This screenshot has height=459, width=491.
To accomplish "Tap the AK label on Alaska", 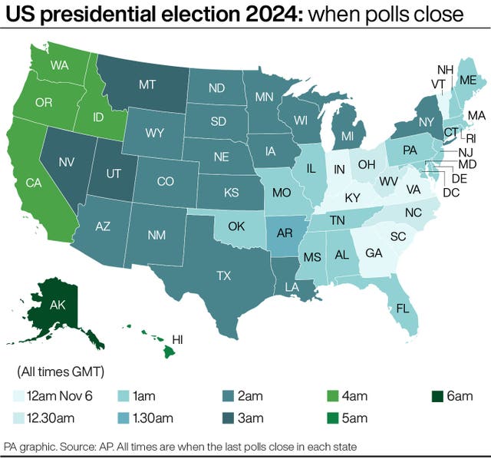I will point(58,305).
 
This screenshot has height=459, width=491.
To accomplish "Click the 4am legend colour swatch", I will point(333,396).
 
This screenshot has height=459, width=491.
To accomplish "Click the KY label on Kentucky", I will point(352,197).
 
